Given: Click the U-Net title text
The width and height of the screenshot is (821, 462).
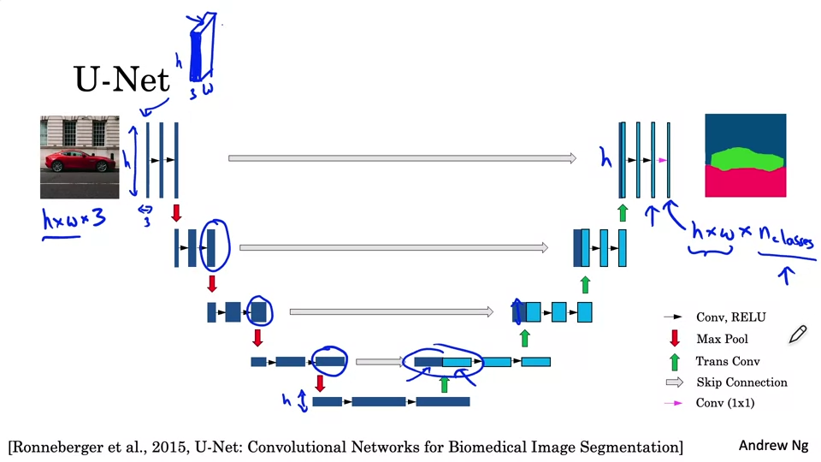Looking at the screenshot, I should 121,80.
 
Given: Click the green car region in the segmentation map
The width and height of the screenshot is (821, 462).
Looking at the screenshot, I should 744,159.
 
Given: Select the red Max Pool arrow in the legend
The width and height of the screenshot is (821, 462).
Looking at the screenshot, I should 674,339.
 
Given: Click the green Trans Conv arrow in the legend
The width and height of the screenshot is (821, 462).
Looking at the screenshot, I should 674,361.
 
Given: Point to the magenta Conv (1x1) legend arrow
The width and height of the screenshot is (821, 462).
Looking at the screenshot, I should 674,403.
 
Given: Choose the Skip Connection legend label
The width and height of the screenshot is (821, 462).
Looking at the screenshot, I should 741,382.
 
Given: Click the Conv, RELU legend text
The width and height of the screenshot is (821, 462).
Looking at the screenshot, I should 731,317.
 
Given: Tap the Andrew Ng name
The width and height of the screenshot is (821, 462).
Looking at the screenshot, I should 773,446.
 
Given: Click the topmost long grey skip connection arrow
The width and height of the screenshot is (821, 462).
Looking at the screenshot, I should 402,157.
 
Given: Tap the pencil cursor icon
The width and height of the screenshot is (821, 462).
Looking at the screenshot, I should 797,334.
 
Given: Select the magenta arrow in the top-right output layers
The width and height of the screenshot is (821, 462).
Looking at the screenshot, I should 663,160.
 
